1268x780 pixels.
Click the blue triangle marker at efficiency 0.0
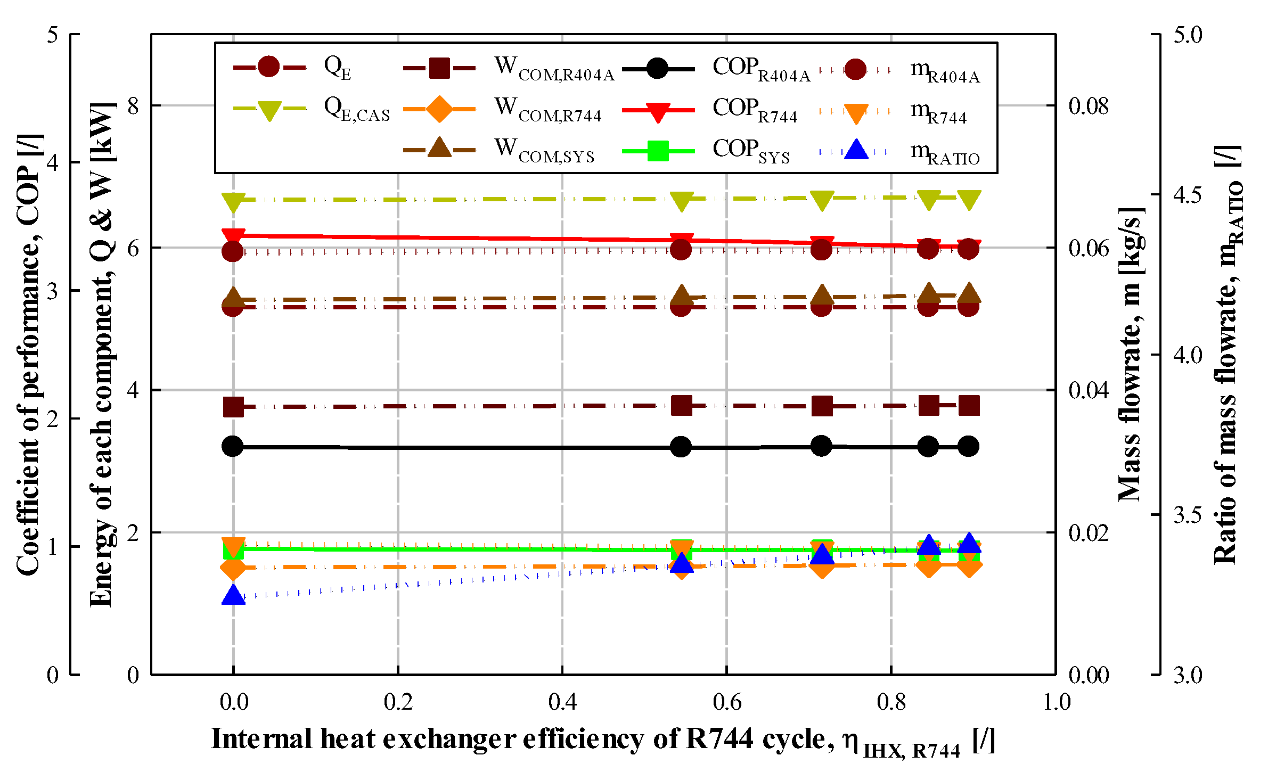click(233, 595)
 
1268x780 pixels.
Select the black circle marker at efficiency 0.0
click(233, 446)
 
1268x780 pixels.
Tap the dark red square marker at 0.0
click(233, 407)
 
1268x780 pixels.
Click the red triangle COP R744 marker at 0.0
click(233, 236)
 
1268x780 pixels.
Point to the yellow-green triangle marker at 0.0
click(233, 201)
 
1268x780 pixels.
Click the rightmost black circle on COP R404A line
click(968, 446)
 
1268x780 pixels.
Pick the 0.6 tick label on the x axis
click(727, 702)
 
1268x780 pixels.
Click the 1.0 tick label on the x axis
click(1056, 702)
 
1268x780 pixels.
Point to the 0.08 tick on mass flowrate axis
click(1089, 106)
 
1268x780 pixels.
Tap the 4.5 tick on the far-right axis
click(1188, 195)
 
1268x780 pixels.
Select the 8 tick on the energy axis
click(133, 106)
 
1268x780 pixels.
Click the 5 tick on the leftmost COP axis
click(52, 35)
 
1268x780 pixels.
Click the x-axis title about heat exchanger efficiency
click(602, 740)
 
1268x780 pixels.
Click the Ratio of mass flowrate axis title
click(1228, 354)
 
